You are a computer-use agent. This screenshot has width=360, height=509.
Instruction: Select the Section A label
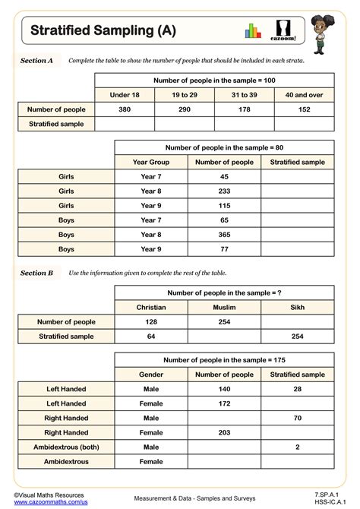[36, 60]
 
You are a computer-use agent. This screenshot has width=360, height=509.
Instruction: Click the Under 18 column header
[125, 94]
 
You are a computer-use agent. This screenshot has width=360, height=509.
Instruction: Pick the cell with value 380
[125, 109]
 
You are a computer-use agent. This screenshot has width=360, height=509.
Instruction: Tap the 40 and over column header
[305, 94]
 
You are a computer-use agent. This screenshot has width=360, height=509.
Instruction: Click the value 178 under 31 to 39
[245, 109]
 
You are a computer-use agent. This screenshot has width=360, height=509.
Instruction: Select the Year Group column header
[151, 162]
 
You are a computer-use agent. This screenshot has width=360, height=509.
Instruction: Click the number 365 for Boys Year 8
[224, 234]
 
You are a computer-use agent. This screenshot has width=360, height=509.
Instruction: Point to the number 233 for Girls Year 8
[224, 191]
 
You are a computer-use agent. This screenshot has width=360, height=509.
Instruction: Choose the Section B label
[36, 273]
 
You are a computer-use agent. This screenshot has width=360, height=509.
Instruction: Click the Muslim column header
[224, 308]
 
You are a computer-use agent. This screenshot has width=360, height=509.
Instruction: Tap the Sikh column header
[298, 308]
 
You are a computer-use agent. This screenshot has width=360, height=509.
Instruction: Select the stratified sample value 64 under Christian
[151, 336]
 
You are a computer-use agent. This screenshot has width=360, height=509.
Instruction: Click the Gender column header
[151, 375]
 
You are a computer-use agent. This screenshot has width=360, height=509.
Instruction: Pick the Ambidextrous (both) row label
[66, 446]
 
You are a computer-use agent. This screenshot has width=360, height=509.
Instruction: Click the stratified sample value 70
[298, 418]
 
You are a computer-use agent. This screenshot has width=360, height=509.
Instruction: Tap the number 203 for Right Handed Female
[224, 432]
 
